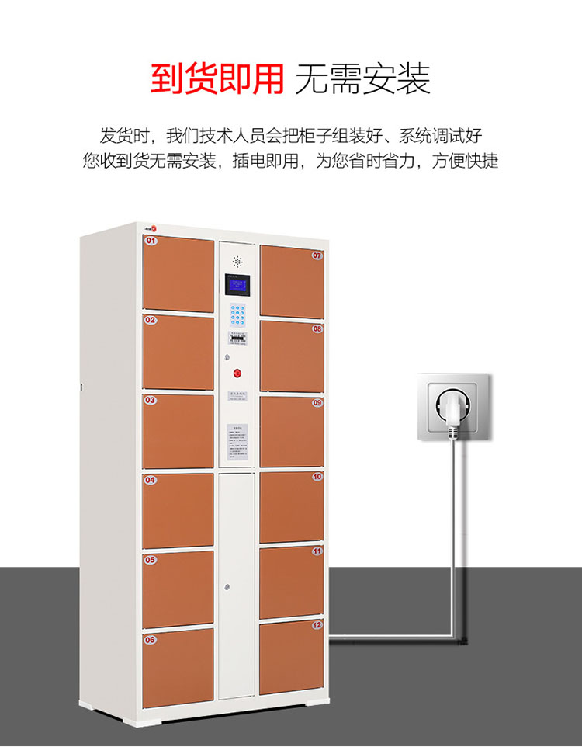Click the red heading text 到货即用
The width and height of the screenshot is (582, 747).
coord(217,78)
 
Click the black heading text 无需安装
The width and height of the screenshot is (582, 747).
coord(362,78)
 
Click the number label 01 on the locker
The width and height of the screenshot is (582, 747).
coord(151,241)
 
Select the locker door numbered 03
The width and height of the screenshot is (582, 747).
coord(178,430)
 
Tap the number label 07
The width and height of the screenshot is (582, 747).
coord(317,255)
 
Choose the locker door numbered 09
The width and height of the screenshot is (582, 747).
coord(291,431)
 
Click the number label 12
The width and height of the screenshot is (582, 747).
coord(317,624)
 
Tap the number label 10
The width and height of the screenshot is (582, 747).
coord(317,477)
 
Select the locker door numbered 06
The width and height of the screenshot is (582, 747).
coord(178,666)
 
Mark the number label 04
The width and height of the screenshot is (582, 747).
coord(151,480)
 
